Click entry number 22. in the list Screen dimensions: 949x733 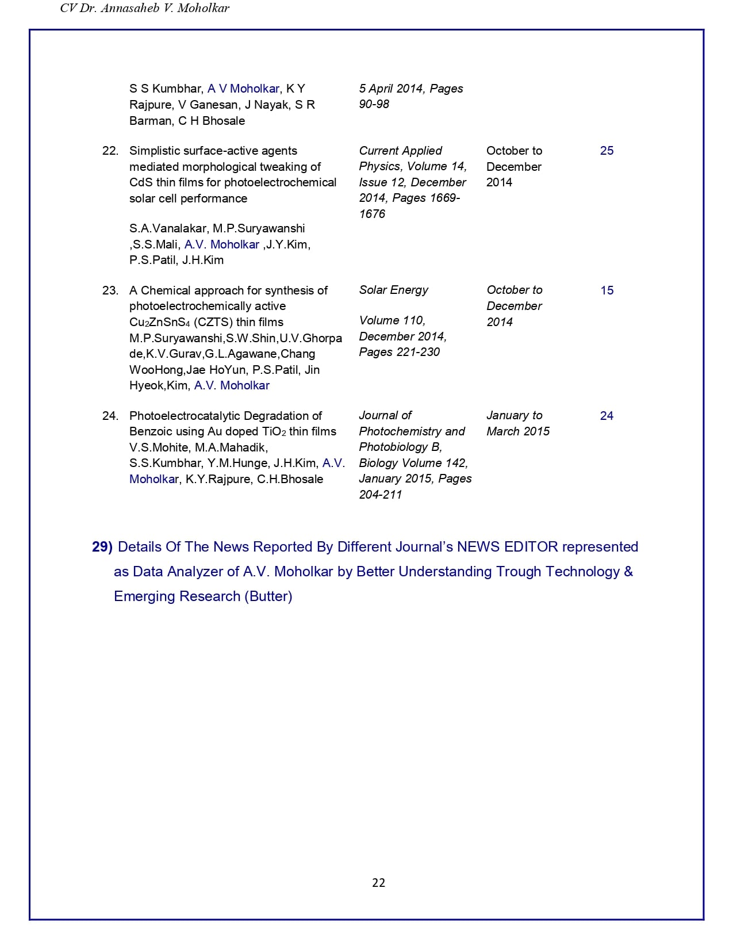(110, 151)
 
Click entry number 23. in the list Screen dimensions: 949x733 (110, 290)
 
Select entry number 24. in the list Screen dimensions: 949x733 (110, 416)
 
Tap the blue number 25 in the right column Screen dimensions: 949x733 (607, 151)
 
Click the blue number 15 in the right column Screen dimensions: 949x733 (607, 290)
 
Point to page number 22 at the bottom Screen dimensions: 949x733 (378, 883)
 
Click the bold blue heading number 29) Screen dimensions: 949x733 (102, 547)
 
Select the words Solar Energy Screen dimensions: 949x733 (393, 290)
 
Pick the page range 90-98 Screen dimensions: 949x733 (374, 104)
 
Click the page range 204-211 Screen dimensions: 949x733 (380, 495)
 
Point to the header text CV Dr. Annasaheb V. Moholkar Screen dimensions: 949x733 (144, 9)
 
